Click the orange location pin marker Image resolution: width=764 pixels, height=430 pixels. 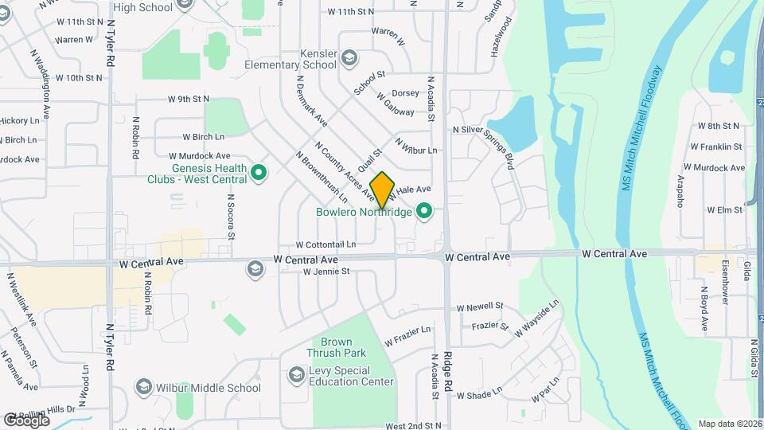[383, 190]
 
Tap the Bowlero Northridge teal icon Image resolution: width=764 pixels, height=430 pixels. [424, 212]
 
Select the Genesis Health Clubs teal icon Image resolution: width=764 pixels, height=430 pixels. [258, 172]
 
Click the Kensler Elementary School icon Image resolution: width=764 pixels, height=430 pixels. [351, 57]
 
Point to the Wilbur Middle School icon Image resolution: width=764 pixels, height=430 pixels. [143, 388]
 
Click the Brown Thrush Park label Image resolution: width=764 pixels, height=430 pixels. [337, 347]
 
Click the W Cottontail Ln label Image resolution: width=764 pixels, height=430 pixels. [325, 244]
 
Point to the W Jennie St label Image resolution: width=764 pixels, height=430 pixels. [326, 272]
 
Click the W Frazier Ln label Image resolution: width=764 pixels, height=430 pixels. [407, 335]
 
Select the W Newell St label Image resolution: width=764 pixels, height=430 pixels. [480, 306]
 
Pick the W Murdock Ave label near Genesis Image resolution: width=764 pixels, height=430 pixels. [200, 156]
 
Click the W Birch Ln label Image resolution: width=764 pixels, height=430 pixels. [204, 137]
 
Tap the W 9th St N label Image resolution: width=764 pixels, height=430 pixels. [189, 99]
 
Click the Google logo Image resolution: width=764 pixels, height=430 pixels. [26, 420]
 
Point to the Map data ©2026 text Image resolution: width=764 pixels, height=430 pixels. [730, 424]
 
